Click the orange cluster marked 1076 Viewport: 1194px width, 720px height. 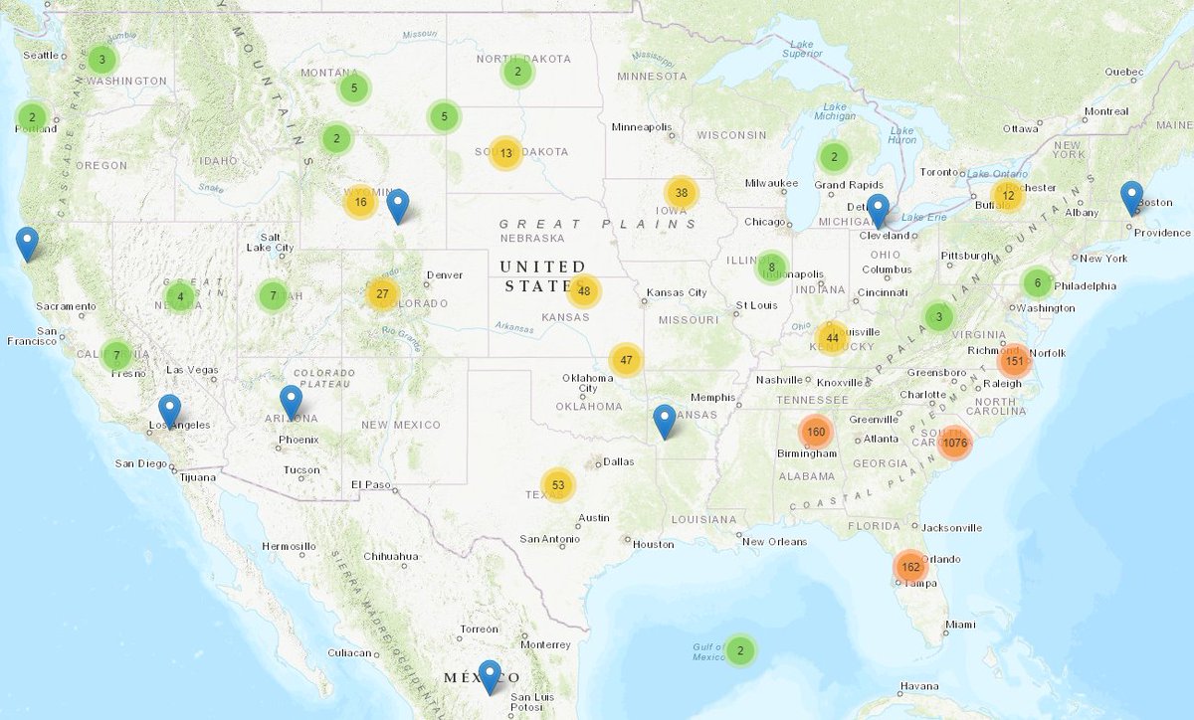pos(954,443)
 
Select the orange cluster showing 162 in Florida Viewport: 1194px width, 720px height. pos(909,567)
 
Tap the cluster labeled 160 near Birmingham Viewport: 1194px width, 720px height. pos(816,432)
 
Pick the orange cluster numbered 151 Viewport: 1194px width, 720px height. pos(1014,360)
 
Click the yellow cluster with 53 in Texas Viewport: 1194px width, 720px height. pos(558,485)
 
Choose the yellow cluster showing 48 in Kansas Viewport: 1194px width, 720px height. pos(584,291)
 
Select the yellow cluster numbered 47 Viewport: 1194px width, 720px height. pos(626,360)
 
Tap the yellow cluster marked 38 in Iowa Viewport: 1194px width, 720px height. pos(682,193)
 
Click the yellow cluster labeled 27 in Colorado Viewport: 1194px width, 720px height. pos(382,293)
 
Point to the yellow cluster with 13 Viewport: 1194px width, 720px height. pos(506,153)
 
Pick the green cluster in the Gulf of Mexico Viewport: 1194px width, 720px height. pos(739,651)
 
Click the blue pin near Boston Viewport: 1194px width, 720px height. pos(1131,198)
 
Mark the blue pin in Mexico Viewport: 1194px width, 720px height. pos(489,676)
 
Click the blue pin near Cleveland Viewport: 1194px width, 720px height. pos(878,210)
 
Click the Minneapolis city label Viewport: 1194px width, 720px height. pos(641,127)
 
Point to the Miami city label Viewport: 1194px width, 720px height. pos(961,624)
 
